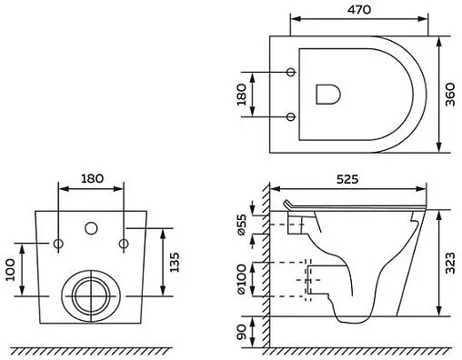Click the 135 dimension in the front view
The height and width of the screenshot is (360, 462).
[173, 263]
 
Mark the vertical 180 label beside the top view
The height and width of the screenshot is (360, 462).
[242, 95]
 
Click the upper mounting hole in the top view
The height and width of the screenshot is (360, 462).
[290, 72]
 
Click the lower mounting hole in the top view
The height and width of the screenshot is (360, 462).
[290, 116]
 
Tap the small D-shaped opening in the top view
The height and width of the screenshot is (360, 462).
[326, 94]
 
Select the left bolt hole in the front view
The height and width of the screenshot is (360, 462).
[59, 243]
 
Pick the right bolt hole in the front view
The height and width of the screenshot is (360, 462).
[123, 243]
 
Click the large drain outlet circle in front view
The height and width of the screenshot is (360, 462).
[91, 292]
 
